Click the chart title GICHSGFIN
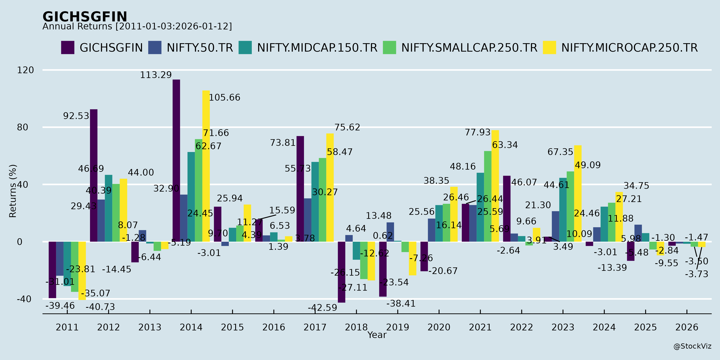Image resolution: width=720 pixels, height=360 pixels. click(x=85, y=17)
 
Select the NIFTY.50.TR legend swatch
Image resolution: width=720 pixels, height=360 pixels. click(x=155, y=48)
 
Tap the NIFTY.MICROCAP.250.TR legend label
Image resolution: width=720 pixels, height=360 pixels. click(x=629, y=48)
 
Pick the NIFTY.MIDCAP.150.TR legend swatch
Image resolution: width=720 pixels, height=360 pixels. click(x=245, y=48)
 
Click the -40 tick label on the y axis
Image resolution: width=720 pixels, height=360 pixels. click(x=24, y=299)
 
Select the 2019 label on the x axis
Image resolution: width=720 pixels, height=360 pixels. click(x=397, y=327)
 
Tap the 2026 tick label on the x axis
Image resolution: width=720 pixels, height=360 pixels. click(x=687, y=327)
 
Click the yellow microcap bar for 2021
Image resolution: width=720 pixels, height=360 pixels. click(x=495, y=186)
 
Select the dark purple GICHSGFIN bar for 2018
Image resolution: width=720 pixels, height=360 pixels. click(x=342, y=272)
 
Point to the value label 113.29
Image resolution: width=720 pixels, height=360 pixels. click(x=156, y=75)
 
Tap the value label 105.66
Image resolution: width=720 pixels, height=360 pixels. click(x=224, y=98)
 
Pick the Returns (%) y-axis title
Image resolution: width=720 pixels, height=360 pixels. click(x=13, y=191)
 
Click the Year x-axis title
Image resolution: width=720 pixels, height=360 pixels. click(x=377, y=335)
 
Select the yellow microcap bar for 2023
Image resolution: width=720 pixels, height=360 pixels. click(x=578, y=193)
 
